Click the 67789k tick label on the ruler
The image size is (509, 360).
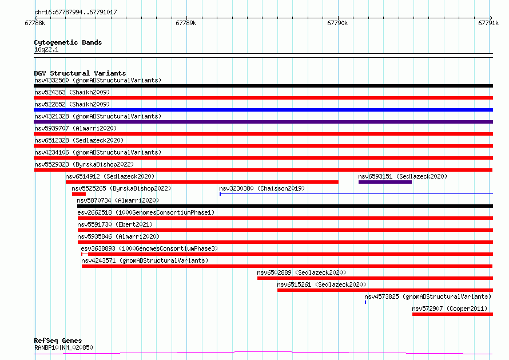pos(186,23)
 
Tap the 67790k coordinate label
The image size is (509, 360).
pos(337,23)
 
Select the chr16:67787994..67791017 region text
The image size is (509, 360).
pos(75,13)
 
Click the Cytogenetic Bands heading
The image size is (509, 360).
pos(68,42)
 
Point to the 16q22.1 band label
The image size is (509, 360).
pos(46,49)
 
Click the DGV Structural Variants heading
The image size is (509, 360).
pos(80,73)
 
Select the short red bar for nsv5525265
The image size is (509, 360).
pos(79,194)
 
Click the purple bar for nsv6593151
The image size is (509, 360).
pos(385,182)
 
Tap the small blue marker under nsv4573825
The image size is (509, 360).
pos(365,302)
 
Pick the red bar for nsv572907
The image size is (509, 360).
pos(452,314)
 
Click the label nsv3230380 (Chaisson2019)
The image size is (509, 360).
pos(262,188)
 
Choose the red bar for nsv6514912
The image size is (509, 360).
pos(202,182)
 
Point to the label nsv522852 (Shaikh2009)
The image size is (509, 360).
pos(72,104)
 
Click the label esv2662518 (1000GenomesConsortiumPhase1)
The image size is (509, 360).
pos(146,212)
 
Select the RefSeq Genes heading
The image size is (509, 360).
pos(58,341)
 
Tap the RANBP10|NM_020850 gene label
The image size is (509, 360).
pos(63,347)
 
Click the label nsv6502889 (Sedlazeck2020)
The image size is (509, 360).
pos(301,272)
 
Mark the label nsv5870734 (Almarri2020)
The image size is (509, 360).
pos(118,200)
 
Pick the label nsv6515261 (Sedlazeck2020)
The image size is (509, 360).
pos(321,284)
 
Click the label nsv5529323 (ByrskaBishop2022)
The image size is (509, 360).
pos(84,164)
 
